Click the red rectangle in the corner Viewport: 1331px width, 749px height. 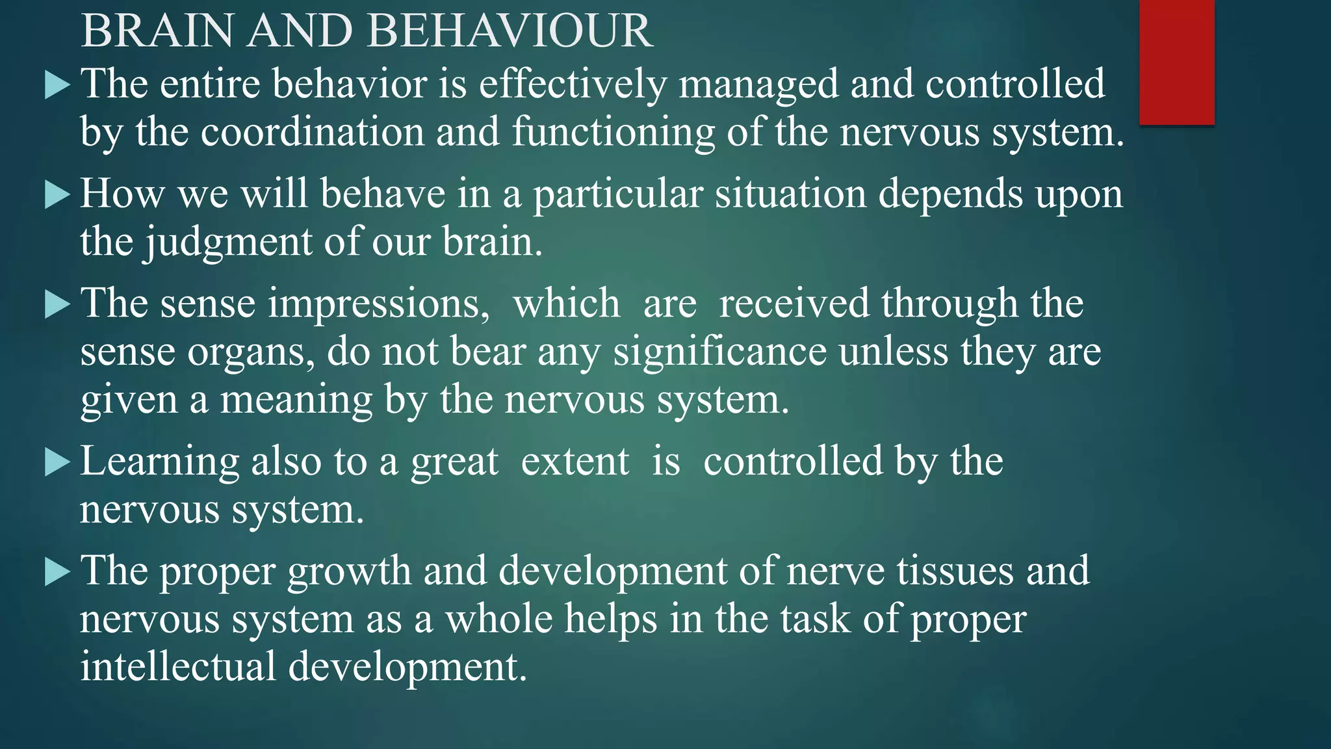click(x=1176, y=62)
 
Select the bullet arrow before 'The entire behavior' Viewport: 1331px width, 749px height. click(x=57, y=85)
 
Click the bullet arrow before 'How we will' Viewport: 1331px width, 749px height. click(x=57, y=195)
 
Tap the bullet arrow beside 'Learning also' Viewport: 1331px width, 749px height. click(x=57, y=463)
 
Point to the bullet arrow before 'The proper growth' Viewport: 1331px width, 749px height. click(x=57, y=572)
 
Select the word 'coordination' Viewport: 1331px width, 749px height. click(x=312, y=132)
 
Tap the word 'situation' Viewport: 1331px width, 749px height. click(x=790, y=194)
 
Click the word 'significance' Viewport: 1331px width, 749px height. click(x=719, y=352)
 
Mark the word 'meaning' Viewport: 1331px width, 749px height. click(x=296, y=399)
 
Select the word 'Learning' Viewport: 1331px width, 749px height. click(x=159, y=462)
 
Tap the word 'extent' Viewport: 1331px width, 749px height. click(x=575, y=462)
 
